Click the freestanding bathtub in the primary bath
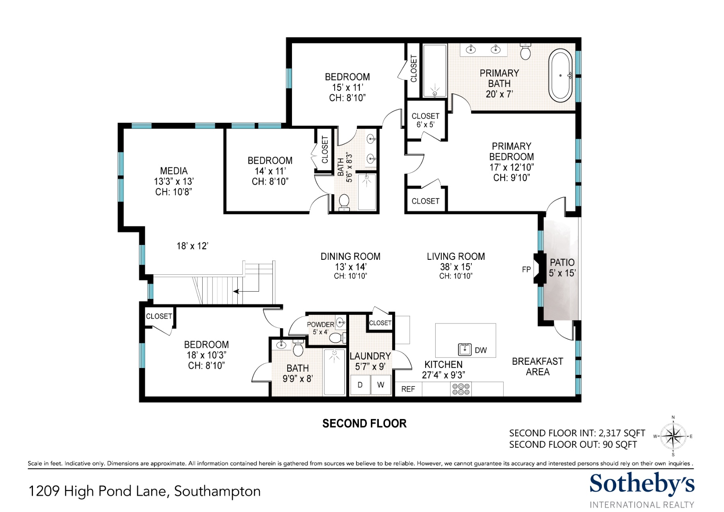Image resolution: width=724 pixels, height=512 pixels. click(560, 76)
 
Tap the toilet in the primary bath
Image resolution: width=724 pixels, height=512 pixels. click(525, 51)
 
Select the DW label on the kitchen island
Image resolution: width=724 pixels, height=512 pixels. click(481, 350)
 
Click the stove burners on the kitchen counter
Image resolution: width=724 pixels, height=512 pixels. click(461, 389)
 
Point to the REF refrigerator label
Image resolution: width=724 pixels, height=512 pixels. click(408, 389)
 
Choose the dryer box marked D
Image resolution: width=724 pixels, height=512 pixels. click(360, 385)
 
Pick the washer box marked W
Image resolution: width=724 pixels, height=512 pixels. click(381, 385)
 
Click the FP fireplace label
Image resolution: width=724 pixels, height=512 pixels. click(526, 269)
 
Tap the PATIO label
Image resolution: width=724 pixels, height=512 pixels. click(562, 263)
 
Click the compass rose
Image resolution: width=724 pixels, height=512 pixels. click(673, 436)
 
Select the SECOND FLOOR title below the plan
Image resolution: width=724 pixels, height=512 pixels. click(364, 424)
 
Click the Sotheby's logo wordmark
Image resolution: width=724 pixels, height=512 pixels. click(642, 484)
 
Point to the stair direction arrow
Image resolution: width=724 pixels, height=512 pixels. click(246, 291)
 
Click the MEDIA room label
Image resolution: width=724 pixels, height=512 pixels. click(174, 171)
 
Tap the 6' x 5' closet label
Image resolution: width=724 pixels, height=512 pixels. click(425, 125)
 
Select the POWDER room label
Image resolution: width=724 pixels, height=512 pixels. click(321, 325)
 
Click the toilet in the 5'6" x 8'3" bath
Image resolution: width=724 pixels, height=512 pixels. click(344, 202)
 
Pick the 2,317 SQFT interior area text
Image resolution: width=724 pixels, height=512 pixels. click(622, 433)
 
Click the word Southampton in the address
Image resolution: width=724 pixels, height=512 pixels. click(217, 491)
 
